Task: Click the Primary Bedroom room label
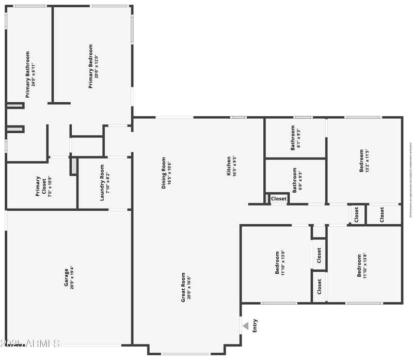91,66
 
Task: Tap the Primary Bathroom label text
28,74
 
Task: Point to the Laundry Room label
102,182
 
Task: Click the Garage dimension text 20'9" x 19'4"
72,277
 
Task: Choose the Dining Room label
164,173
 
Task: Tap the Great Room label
183,287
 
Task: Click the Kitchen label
229,166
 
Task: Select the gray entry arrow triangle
246,325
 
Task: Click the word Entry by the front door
255,325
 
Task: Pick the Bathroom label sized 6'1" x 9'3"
293,137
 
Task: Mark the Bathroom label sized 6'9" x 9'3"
295,180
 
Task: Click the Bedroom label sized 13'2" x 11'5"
361,161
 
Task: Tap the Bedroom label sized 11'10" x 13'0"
277,263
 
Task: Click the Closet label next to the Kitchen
279,198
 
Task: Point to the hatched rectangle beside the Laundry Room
74,166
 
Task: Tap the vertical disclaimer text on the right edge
410,178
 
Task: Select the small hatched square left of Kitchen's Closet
267,198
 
